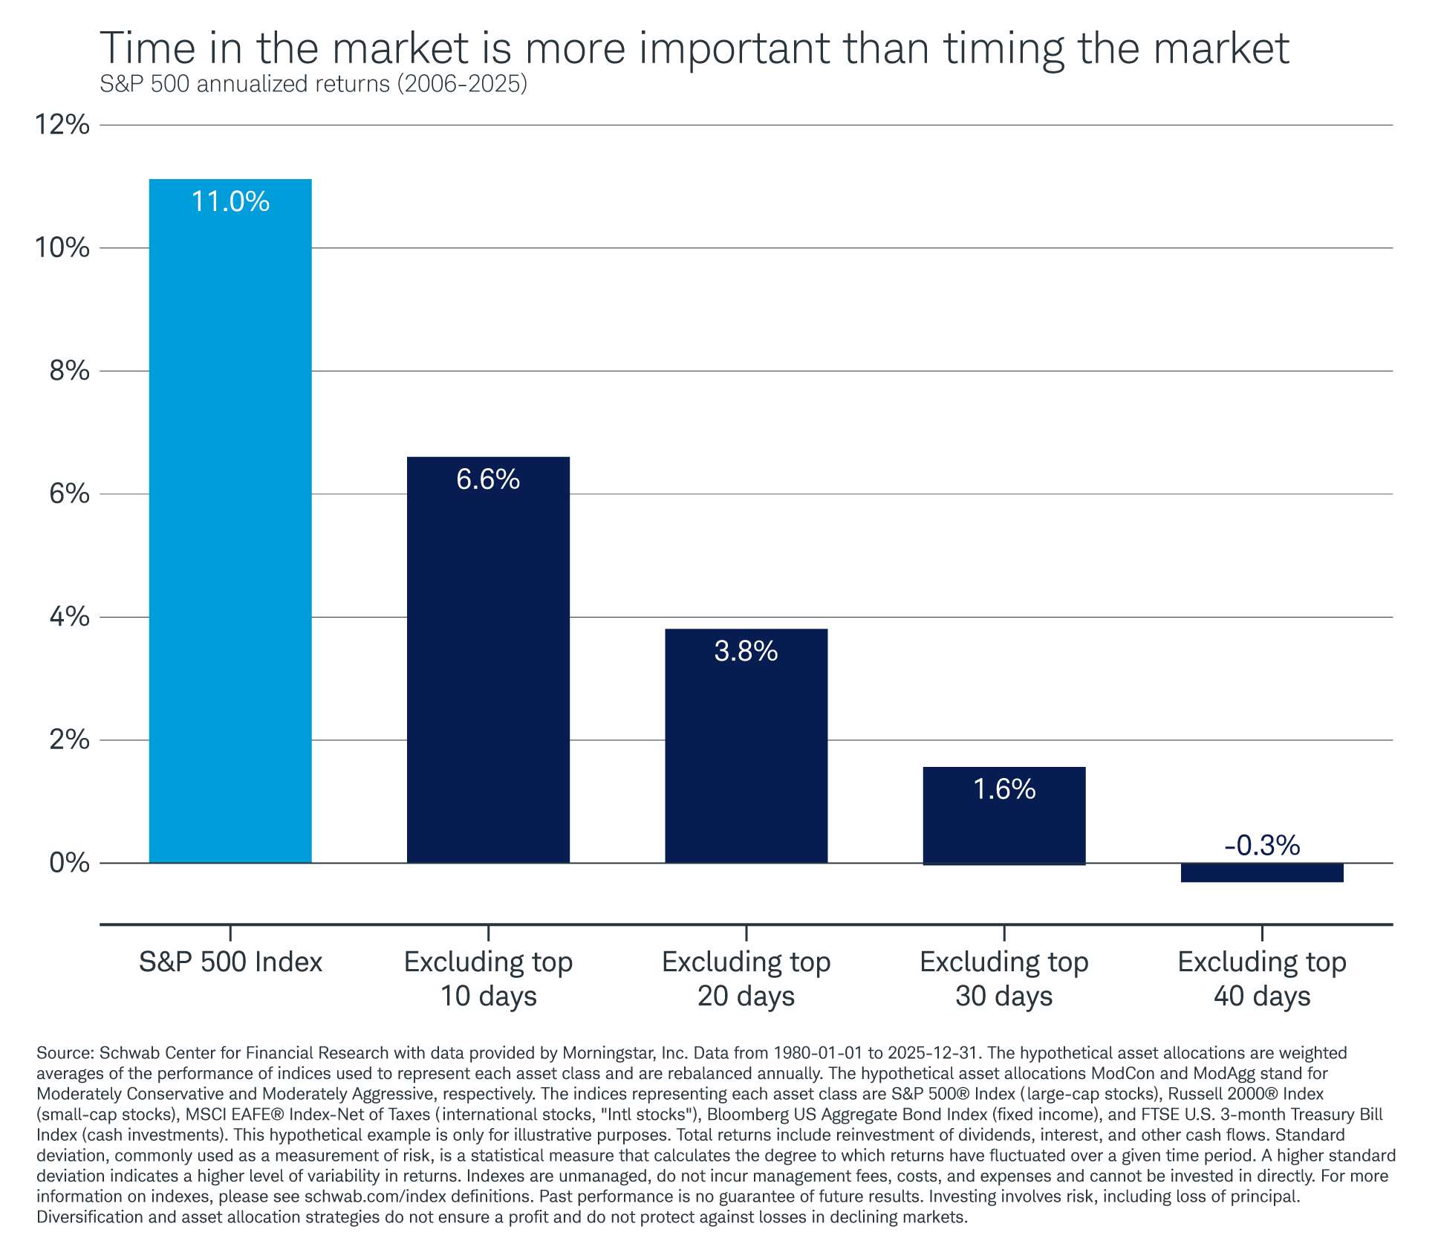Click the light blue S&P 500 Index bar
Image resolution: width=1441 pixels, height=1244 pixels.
(230, 520)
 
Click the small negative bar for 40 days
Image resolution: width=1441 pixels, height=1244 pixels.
(1261, 872)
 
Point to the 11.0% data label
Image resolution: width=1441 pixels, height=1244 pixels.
(230, 202)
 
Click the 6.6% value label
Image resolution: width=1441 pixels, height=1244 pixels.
(488, 480)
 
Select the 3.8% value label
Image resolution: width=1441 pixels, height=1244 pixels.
(746, 652)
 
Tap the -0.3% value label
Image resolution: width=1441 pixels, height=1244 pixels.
(1261, 846)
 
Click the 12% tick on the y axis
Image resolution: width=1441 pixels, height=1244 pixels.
(62, 125)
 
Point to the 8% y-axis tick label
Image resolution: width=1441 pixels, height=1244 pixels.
(69, 371)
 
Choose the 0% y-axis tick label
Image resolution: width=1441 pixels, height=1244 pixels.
(69, 864)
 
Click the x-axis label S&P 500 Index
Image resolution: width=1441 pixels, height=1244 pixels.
(230, 962)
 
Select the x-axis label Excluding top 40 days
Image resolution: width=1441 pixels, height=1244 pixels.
(1261, 979)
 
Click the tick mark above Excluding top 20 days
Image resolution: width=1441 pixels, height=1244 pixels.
(746, 933)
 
